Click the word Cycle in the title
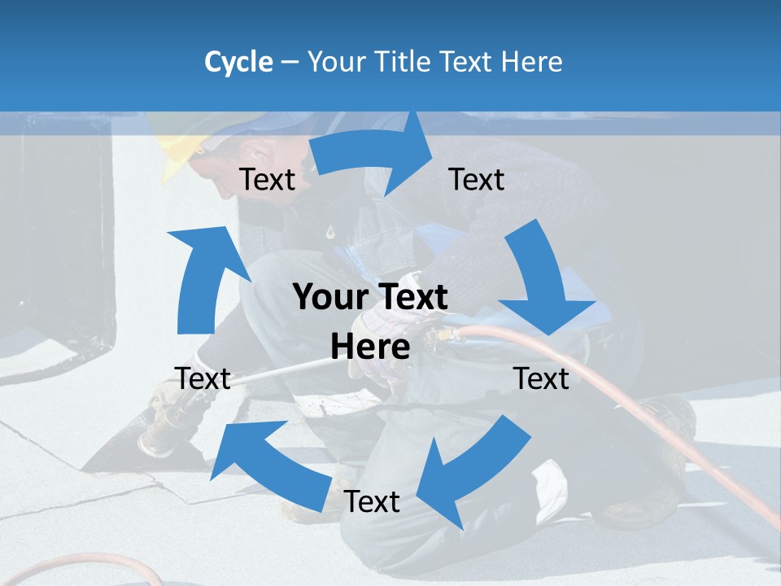pos(238,62)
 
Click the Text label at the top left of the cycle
pos(268,179)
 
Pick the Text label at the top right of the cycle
pos(477,179)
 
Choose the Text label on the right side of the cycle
pos(542,378)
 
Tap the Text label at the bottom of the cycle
pos(372,501)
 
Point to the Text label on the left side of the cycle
pos(203,378)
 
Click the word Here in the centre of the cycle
pos(370,347)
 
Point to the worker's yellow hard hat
pos(179,151)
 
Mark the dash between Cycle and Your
pos(290,62)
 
